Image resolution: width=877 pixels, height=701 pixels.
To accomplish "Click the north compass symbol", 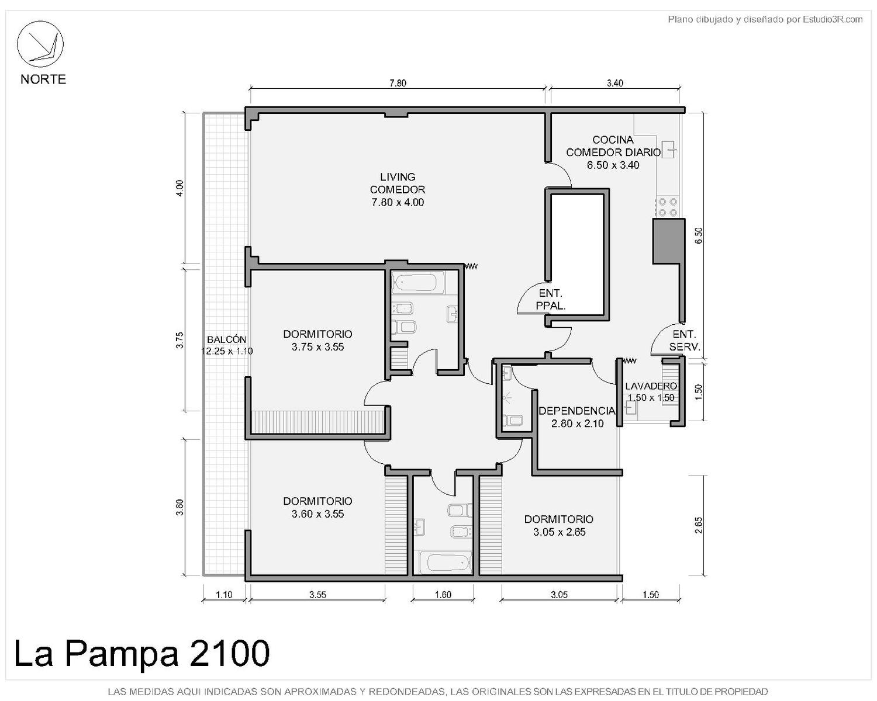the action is (x=40, y=44).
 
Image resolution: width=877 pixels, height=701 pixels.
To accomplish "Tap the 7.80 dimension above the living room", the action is (x=398, y=83).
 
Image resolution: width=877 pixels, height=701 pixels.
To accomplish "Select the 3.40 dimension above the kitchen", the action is (x=614, y=83).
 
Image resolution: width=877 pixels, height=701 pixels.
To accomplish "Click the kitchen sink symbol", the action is (x=668, y=150).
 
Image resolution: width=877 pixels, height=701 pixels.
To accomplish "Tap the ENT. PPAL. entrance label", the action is (x=550, y=299).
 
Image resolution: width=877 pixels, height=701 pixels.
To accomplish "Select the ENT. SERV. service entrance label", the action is (x=684, y=341).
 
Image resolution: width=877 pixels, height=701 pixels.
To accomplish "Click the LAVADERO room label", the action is (x=651, y=386).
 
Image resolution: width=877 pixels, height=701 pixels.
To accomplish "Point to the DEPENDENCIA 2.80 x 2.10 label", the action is (x=577, y=417).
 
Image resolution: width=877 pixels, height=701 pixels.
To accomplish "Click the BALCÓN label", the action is (x=227, y=339).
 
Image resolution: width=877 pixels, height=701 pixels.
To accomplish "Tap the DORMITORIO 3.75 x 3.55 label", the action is (x=317, y=341).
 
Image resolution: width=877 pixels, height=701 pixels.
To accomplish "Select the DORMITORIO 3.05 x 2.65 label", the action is (x=559, y=525).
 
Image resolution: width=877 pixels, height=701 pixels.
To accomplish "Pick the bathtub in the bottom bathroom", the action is (x=448, y=563).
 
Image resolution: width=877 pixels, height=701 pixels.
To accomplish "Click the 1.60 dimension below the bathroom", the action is (x=443, y=595).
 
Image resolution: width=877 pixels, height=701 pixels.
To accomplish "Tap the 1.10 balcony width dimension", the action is (x=224, y=595).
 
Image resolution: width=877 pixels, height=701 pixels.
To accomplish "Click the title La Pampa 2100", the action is (x=142, y=653).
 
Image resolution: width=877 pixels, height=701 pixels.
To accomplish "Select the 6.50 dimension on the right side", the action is (x=699, y=235).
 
